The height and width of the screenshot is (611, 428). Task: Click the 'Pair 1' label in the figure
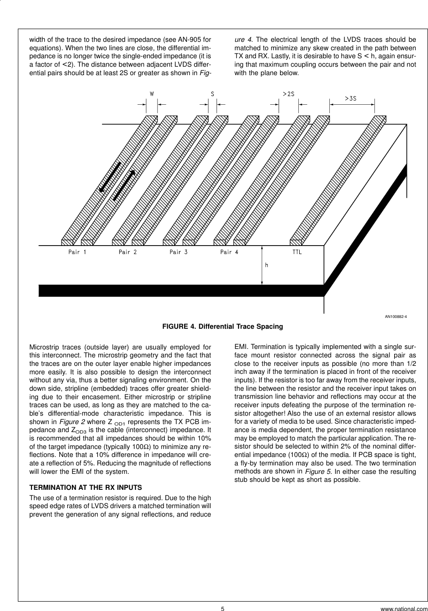(x=78, y=252)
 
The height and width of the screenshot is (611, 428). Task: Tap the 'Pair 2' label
(x=128, y=252)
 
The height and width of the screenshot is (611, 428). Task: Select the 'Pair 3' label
(x=179, y=252)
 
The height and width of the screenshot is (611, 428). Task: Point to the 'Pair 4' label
(x=229, y=252)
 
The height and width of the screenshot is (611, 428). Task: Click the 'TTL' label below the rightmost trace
(x=297, y=252)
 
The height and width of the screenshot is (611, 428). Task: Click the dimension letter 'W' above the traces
(x=152, y=94)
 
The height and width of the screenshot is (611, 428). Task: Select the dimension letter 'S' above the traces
(x=212, y=94)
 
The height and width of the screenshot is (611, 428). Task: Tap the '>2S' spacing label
(x=288, y=94)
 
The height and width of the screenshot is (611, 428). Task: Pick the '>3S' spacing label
(x=350, y=99)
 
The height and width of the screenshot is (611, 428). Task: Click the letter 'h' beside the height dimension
(x=266, y=265)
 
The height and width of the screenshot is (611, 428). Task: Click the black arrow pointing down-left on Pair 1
(x=109, y=177)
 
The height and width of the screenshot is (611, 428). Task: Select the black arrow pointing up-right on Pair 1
(x=124, y=185)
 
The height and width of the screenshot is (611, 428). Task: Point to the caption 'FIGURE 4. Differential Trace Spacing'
(x=223, y=326)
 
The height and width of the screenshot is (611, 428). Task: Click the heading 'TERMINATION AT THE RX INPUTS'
(x=86, y=487)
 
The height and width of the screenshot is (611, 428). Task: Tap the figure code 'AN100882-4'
(x=396, y=317)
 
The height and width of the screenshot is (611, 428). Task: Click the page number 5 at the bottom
(x=223, y=609)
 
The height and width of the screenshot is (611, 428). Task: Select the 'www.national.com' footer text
(x=404, y=609)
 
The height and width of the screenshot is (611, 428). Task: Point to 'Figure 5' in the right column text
(x=317, y=471)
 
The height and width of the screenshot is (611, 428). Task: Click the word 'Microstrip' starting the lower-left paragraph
(x=44, y=347)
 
